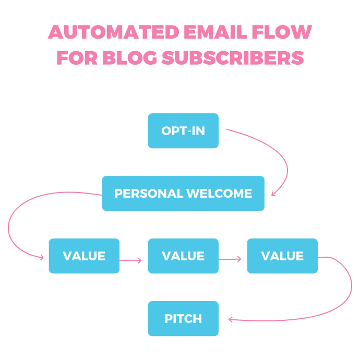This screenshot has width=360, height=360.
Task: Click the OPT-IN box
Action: (183, 131)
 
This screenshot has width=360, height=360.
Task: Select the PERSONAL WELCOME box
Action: (183, 194)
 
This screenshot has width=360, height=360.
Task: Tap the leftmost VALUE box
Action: (84, 256)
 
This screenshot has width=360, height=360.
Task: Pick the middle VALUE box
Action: (183, 256)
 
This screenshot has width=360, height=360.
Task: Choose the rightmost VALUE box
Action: (282, 256)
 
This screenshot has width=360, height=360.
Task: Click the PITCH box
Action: (183, 318)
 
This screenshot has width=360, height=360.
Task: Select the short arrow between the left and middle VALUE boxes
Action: (131, 259)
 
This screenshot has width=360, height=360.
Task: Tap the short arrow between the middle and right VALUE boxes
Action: (230, 258)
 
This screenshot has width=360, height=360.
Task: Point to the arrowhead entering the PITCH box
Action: (230, 320)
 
